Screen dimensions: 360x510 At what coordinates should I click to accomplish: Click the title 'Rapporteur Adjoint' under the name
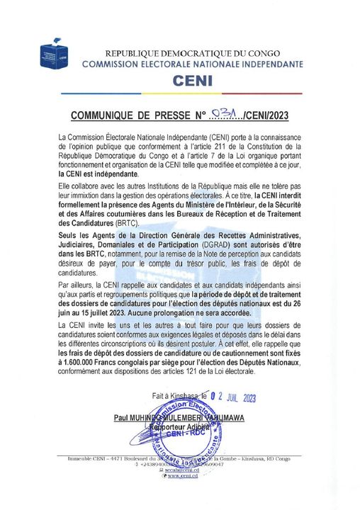click(180, 428)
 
